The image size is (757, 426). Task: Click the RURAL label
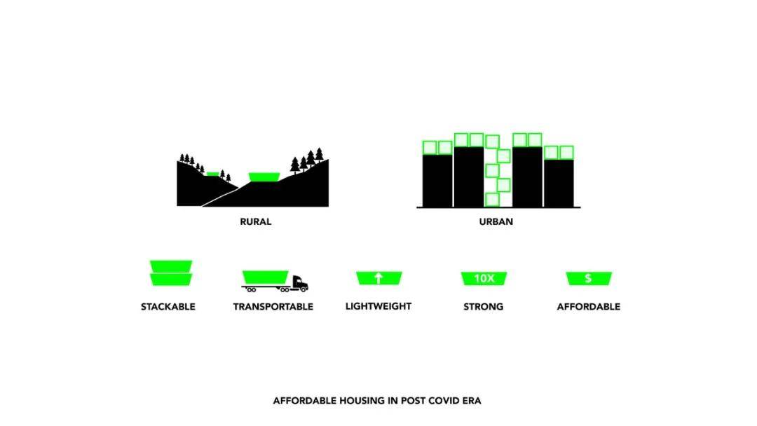(x=255, y=222)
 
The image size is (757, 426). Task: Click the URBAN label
(x=496, y=222)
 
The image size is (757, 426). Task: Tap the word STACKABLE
(x=168, y=307)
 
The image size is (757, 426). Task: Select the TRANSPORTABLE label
(x=273, y=307)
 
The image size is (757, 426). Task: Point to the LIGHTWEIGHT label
(x=378, y=306)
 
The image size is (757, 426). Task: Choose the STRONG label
(x=483, y=307)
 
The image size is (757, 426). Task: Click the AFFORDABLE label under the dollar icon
(x=589, y=307)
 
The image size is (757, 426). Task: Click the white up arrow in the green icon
(x=378, y=278)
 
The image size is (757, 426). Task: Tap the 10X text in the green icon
(x=484, y=278)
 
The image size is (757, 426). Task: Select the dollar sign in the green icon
(x=588, y=278)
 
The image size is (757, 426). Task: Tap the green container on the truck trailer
(x=266, y=277)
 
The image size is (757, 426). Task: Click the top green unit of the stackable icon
(x=171, y=266)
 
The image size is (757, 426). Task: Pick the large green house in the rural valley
(x=264, y=177)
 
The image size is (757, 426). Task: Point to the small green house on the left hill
(x=212, y=174)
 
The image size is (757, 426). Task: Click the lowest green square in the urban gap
(x=492, y=199)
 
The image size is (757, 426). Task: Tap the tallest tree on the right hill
(x=319, y=155)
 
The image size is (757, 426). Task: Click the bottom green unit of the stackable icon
(x=171, y=280)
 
